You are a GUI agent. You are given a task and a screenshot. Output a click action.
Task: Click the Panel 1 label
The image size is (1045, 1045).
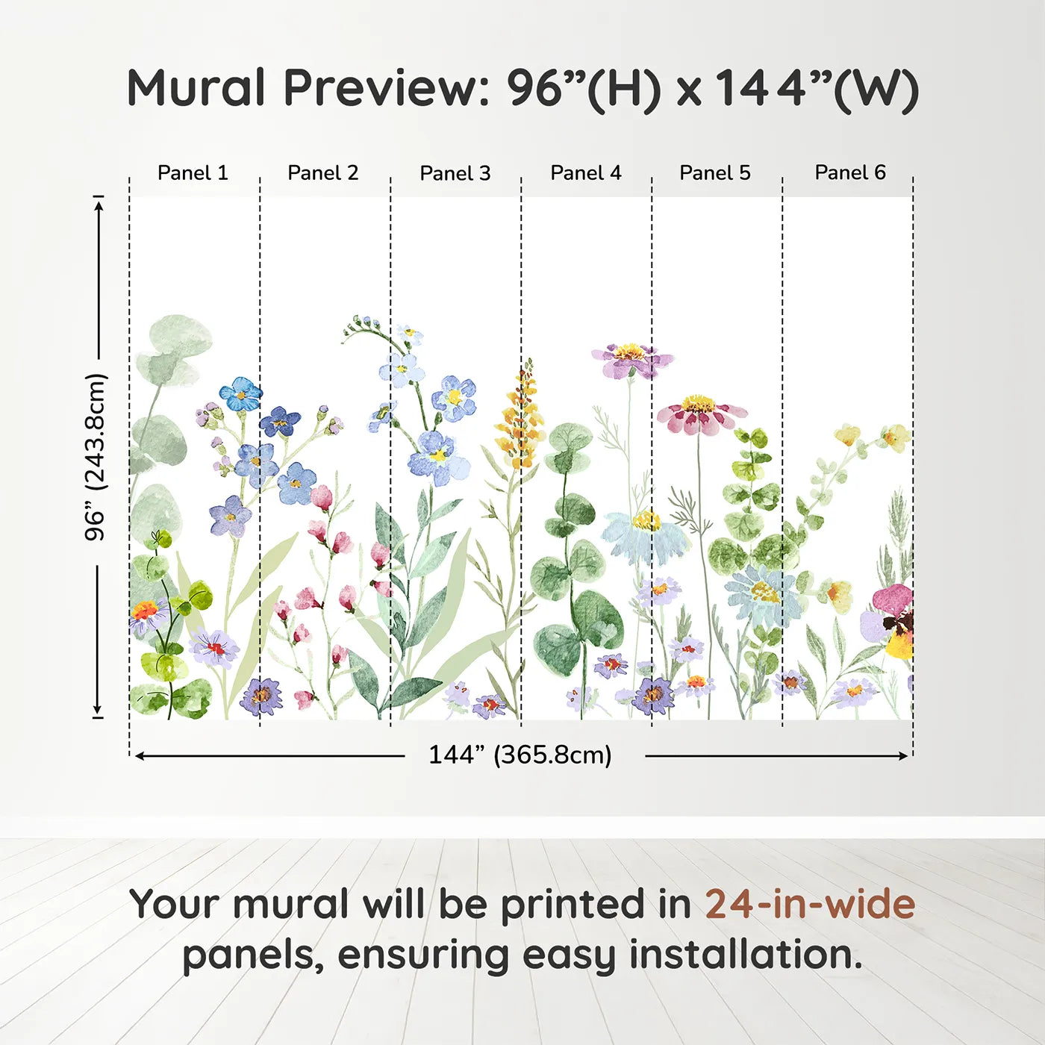193,173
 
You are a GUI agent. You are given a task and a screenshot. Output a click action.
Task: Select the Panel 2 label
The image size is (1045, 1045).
322,173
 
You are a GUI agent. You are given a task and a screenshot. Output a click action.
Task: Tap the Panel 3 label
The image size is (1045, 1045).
455,173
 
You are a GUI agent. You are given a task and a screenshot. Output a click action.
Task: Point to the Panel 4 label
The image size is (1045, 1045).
585,173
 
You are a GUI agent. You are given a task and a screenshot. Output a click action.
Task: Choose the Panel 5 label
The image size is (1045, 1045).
714,173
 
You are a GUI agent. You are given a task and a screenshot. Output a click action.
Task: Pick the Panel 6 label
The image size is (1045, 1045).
849,173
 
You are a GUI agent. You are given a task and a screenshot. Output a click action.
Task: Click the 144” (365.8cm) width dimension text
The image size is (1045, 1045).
520,755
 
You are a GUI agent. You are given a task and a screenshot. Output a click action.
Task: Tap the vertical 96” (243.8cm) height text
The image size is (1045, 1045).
96,457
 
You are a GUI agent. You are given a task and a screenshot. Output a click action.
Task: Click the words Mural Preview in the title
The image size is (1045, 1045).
306,88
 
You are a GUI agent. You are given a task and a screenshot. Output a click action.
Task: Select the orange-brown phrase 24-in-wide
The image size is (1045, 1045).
810,904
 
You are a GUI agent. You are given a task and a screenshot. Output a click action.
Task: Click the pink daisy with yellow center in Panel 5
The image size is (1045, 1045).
699,414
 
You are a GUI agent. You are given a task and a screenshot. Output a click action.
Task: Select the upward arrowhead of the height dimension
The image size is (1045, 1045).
99,203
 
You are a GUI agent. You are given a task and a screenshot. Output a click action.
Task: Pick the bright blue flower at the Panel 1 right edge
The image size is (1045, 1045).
240,393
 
